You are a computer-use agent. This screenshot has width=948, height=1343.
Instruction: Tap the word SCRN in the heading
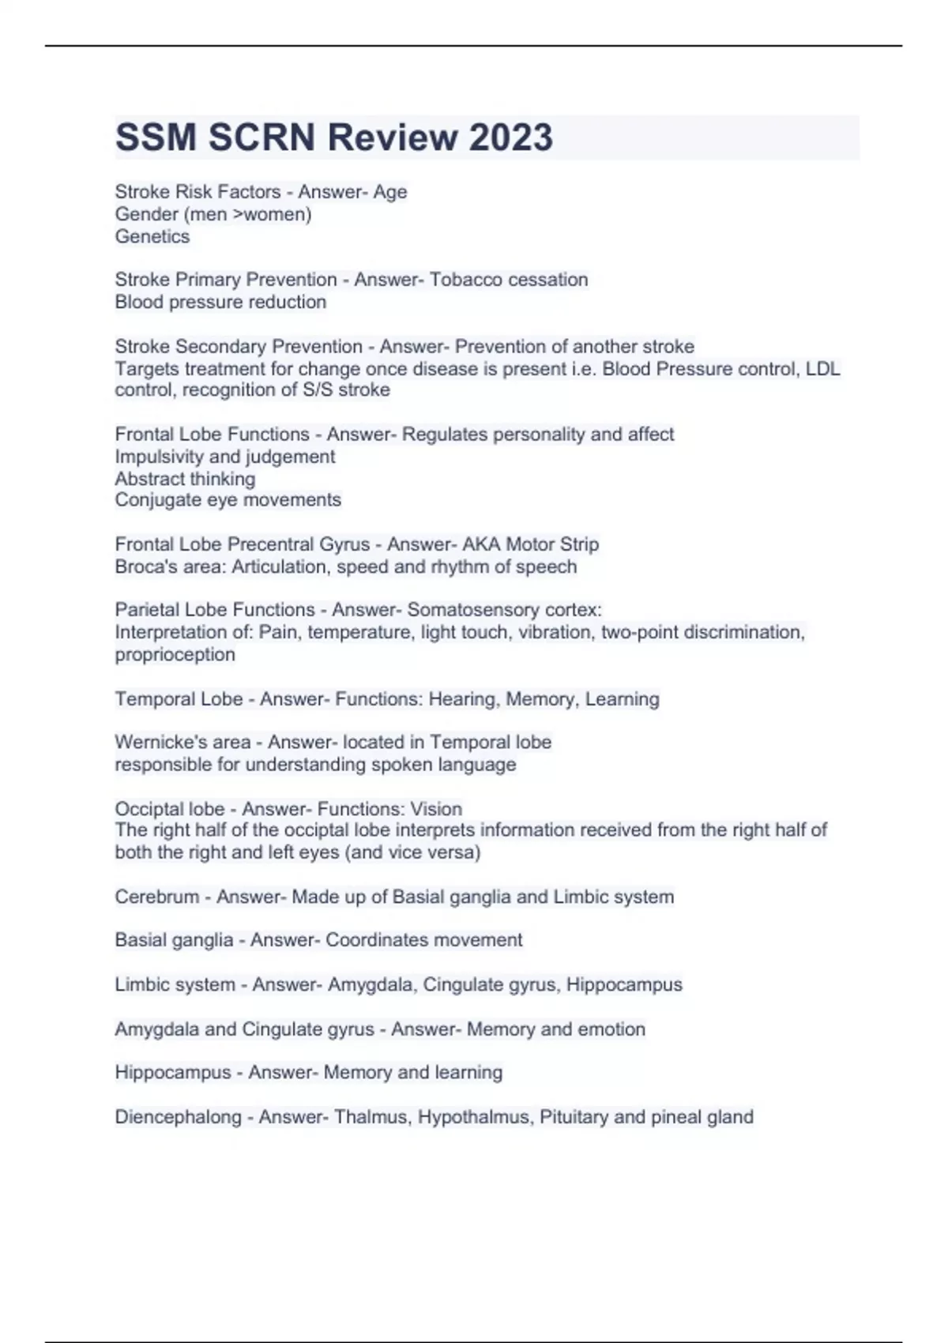point(263,137)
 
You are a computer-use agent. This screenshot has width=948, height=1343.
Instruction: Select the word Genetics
point(152,236)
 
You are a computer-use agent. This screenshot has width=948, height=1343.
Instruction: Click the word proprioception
point(175,654)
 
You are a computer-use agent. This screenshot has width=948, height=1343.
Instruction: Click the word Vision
point(436,809)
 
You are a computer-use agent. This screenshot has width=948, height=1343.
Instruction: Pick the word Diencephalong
point(178,1117)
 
